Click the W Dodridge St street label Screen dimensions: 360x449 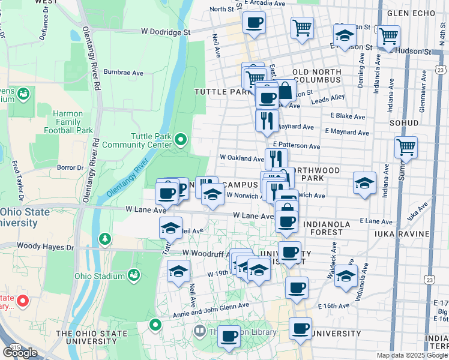[166, 31]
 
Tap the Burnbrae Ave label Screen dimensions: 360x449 [123, 72]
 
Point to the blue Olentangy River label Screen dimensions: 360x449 [127, 178]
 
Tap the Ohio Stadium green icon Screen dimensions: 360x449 [133, 275]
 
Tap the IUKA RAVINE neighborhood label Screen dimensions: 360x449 [402, 233]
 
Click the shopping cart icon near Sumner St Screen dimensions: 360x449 [406, 147]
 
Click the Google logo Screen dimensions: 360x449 [21, 352]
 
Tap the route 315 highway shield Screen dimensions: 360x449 [13, 347]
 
